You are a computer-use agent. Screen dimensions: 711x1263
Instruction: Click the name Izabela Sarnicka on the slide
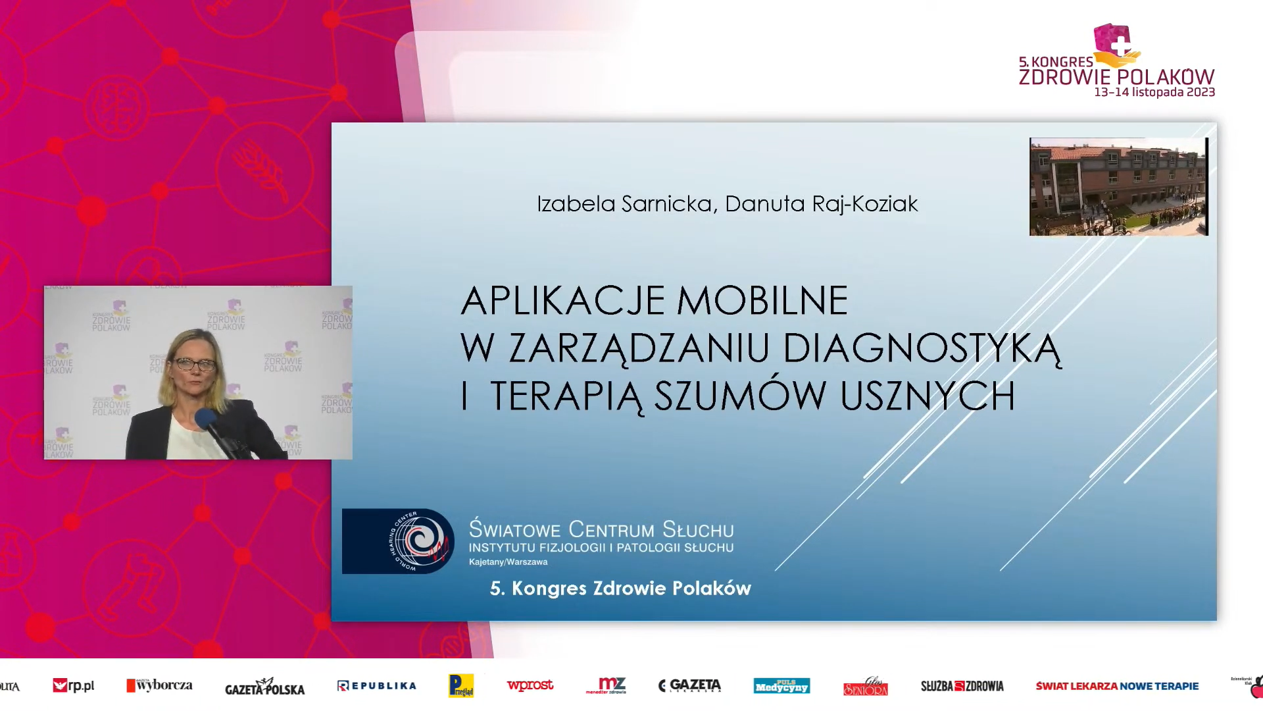point(624,204)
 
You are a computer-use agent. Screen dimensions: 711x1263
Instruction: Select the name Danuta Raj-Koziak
point(821,204)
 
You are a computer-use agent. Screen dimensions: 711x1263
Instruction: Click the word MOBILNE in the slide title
point(762,301)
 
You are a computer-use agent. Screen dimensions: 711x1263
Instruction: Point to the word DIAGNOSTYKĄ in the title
point(922,348)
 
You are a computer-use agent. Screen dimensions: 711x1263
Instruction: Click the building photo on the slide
point(1118,186)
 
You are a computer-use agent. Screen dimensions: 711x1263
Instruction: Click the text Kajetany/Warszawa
point(508,562)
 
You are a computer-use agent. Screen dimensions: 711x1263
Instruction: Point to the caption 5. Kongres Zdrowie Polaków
point(620,588)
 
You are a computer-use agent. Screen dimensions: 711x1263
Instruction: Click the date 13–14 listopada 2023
point(1154,92)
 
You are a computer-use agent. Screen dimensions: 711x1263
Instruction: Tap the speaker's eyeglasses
point(195,363)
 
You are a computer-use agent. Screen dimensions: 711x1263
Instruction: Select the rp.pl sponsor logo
point(74,686)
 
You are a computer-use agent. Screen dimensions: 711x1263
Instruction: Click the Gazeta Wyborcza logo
point(160,685)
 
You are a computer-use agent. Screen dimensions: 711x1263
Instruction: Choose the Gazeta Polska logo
point(264,687)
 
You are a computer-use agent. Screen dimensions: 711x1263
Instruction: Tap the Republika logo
point(377,686)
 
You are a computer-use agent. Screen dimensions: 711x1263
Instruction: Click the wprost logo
point(530,685)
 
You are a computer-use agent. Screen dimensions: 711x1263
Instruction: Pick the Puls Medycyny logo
point(781,686)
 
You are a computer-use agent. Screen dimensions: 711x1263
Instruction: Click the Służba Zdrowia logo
point(962,686)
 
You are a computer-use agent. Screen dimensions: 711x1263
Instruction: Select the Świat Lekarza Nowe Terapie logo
point(1117,686)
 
